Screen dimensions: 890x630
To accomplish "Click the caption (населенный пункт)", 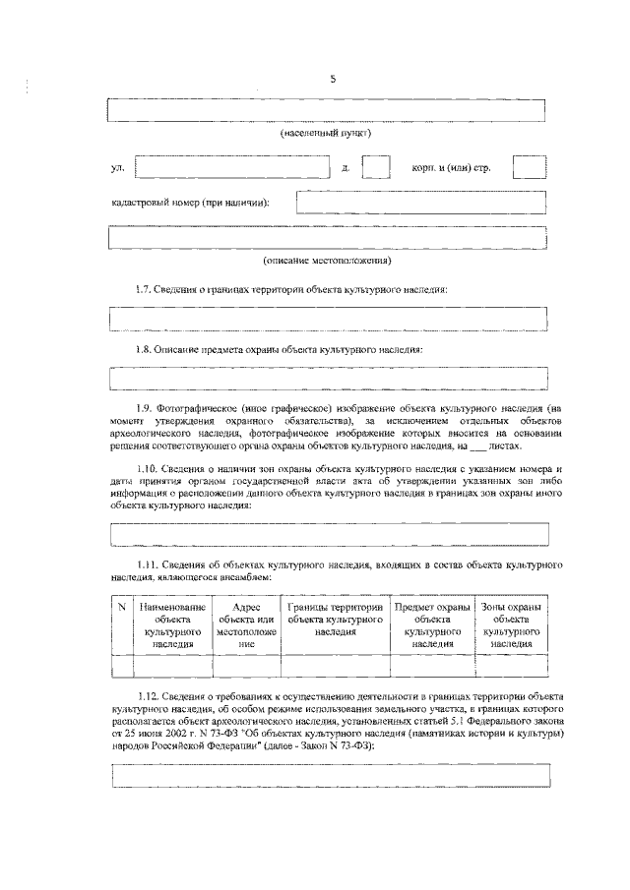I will (326, 132).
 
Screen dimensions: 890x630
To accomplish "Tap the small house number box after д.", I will (376, 167).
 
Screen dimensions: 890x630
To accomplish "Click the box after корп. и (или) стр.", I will (530, 167).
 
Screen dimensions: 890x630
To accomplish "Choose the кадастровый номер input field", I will (421, 202).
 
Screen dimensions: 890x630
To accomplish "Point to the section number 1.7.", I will (145, 290).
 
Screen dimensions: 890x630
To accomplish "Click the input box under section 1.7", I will (328, 320).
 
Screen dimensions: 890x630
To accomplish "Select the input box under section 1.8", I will (328, 379).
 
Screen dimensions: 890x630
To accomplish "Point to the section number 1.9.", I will (145, 407).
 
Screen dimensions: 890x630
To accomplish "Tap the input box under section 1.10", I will (328, 534).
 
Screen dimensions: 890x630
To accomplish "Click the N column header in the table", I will (120, 607).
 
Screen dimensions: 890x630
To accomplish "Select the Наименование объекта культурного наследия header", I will (171, 624).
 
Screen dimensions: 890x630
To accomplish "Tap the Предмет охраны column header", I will (432, 624).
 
